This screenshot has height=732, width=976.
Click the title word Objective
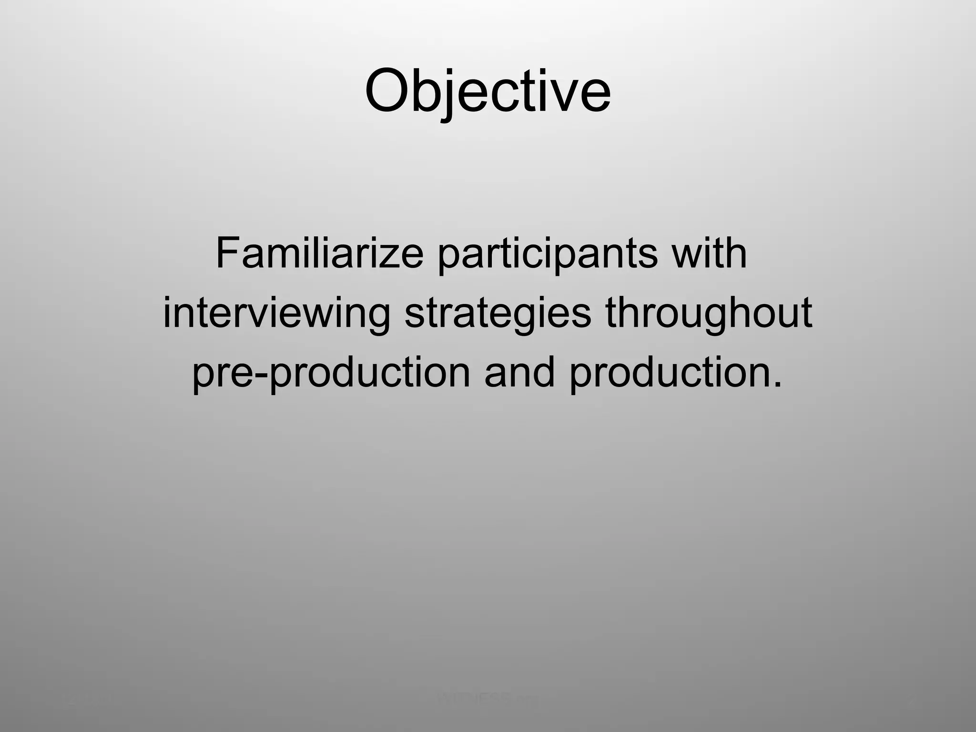pyautogui.click(x=488, y=91)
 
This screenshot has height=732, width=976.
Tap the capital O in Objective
pyautogui.click(x=388, y=91)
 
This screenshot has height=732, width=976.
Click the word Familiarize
pyautogui.click(x=319, y=254)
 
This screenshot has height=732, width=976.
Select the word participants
pyautogui.click(x=547, y=257)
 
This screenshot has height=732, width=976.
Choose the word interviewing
pyautogui.click(x=276, y=315)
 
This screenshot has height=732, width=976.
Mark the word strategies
pyautogui.click(x=498, y=315)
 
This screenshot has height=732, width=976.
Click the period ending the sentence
pyautogui.click(x=777, y=384)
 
